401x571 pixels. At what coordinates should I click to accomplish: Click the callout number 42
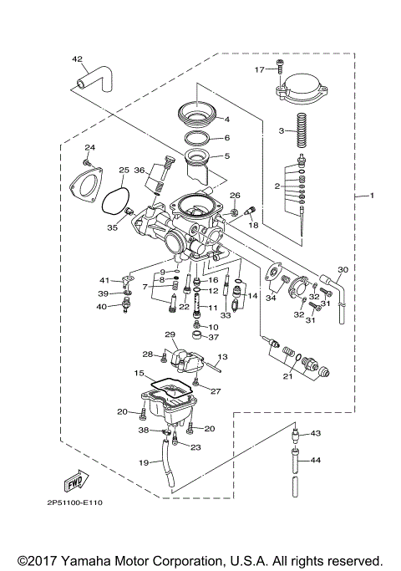77,59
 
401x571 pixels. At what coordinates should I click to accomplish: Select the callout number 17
259,69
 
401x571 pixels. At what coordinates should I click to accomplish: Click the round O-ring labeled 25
116,201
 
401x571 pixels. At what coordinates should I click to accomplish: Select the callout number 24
89,148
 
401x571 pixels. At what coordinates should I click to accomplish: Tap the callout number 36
140,171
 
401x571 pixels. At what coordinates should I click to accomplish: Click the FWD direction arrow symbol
73,482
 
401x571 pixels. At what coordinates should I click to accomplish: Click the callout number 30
343,270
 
